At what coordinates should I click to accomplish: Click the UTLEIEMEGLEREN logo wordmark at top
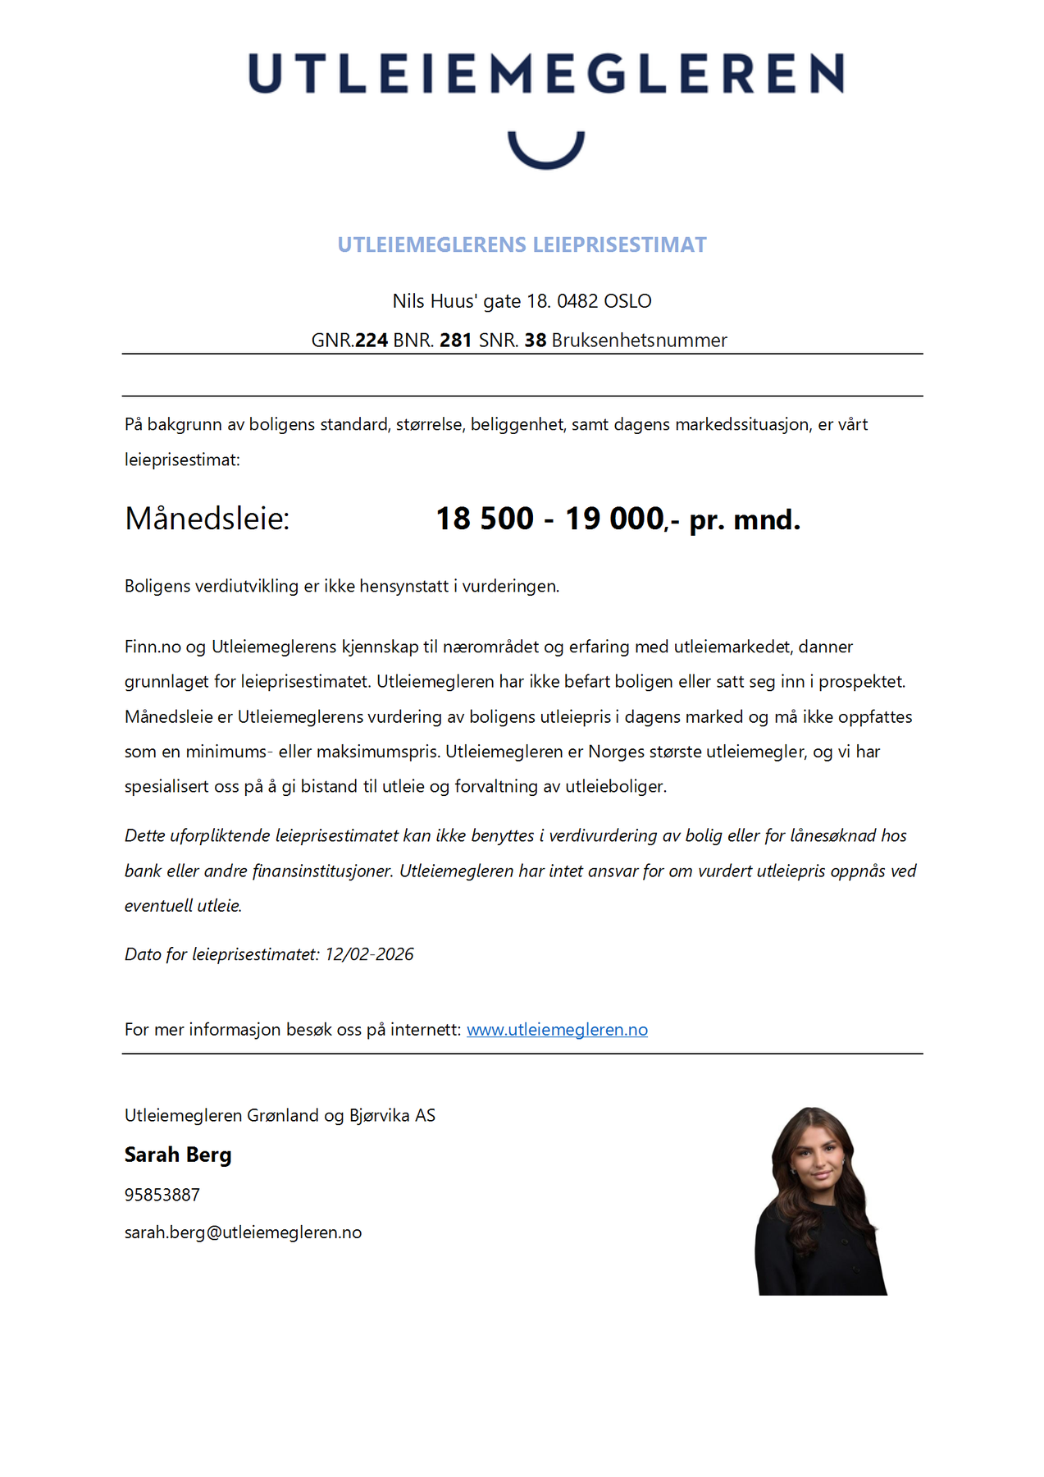point(545,74)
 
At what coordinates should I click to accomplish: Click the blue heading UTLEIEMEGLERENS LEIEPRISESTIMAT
point(522,245)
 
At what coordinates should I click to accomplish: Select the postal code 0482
point(577,301)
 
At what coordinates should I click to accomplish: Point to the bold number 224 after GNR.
point(372,341)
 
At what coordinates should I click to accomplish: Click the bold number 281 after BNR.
point(456,341)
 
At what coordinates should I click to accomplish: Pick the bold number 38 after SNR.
point(536,341)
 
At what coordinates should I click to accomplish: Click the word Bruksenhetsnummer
point(639,341)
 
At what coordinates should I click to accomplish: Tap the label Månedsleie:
point(207,519)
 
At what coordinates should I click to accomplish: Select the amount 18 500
point(485,519)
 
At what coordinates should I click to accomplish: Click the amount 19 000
point(614,519)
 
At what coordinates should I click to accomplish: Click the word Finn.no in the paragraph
point(153,647)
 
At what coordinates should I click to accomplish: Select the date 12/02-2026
point(369,954)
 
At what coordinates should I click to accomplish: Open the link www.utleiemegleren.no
point(557,1030)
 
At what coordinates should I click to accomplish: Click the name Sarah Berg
point(178,1155)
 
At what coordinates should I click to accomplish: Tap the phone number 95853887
point(162,1195)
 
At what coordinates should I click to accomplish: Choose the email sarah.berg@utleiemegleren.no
point(243,1232)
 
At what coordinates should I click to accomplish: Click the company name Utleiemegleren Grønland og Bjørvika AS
point(280,1115)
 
